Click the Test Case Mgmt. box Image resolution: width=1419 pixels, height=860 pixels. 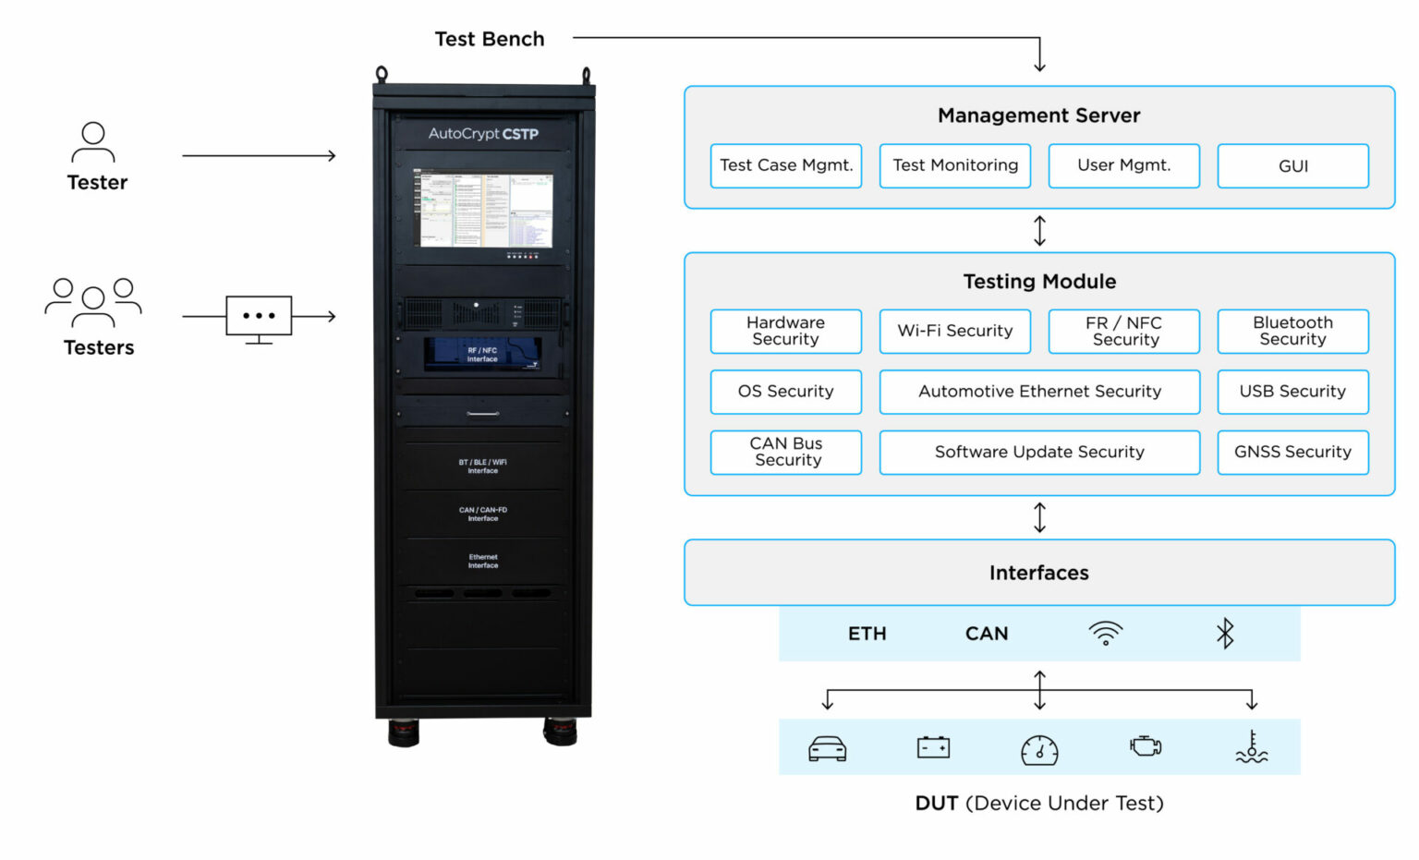click(x=785, y=166)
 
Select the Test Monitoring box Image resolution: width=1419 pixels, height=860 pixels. click(x=954, y=166)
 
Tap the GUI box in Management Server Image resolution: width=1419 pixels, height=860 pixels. click(x=1292, y=166)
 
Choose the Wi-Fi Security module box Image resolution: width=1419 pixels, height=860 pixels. click(x=954, y=332)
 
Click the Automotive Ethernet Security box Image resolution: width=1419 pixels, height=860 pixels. click(x=1039, y=392)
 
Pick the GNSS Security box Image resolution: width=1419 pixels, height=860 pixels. click(x=1292, y=453)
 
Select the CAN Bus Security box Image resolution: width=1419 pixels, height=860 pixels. click(x=785, y=453)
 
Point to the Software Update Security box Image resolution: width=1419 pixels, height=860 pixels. click(x=1039, y=453)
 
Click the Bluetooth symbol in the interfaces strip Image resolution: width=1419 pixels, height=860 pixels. click(x=1225, y=634)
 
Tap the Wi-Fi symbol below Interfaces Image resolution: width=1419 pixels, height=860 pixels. click(x=1105, y=634)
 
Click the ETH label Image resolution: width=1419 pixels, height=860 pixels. click(x=867, y=634)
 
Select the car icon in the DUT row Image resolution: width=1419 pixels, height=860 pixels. click(x=827, y=748)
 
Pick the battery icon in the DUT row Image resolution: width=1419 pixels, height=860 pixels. click(x=933, y=747)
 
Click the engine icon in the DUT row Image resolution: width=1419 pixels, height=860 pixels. click(x=1146, y=746)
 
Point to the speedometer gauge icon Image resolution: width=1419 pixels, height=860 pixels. click(x=1039, y=749)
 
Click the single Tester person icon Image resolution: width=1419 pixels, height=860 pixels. click(x=93, y=142)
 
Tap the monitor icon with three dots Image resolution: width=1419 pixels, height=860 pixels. click(x=259, y=318)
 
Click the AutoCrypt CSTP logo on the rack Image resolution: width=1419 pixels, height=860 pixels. click(x=483, y=134)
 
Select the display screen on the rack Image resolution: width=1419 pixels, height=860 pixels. click(x=483, y=210)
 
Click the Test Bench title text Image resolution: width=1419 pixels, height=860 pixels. click(x=490, y=39)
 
